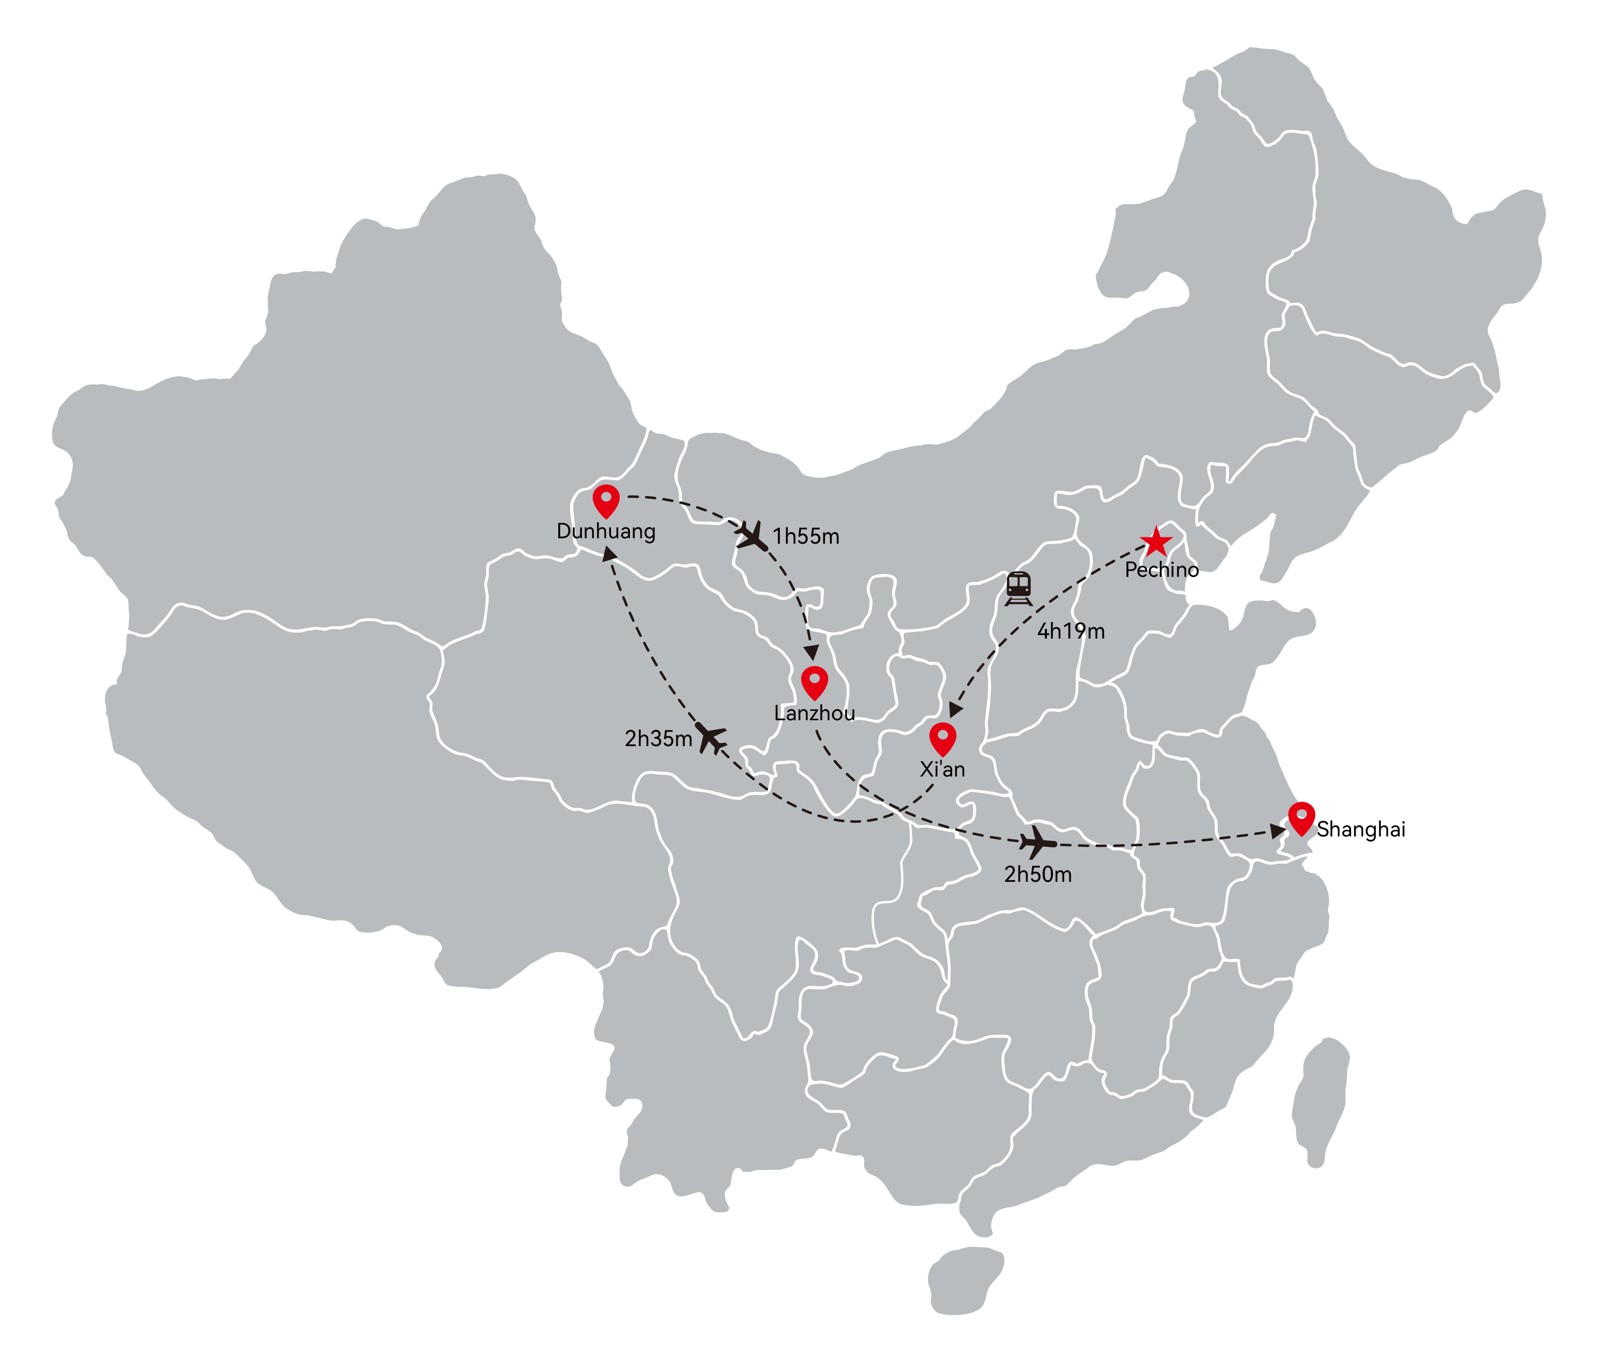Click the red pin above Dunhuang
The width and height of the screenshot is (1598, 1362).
point(606,501)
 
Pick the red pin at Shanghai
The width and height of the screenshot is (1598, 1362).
point(1302,818)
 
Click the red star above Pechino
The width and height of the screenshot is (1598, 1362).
point(1156,542)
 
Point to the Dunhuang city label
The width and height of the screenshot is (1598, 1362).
point(606,531)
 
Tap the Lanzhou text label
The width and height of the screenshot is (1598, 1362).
point(814,713)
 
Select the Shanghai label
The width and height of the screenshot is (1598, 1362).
point(1361,830)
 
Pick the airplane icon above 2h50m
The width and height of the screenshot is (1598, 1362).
point(1037,842)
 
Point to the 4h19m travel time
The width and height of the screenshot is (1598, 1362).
point(1071,632)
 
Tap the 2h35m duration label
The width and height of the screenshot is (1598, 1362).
point(658,739)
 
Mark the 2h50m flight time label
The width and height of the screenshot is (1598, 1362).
point(1037,875)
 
